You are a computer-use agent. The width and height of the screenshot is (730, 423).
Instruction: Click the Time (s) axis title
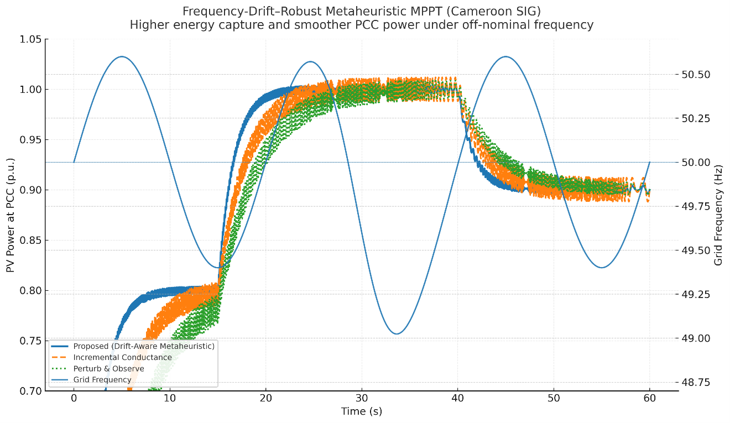pyautogui.click(x=362, y=412)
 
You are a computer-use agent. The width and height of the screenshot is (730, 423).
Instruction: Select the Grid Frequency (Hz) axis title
pyautogui.click(x=719, y=215)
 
